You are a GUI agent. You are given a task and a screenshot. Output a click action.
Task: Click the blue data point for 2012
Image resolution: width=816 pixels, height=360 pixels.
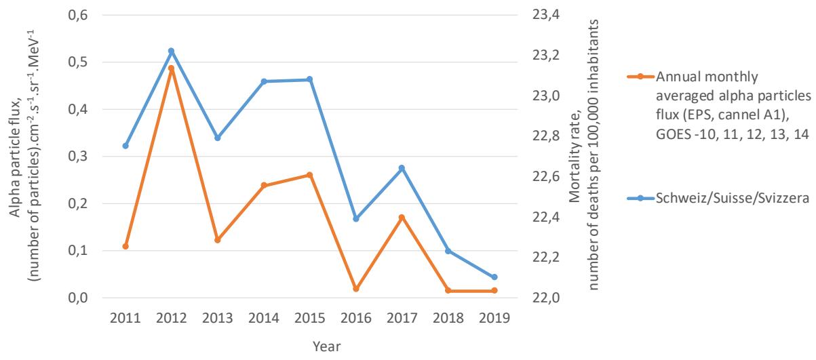[x=171, y=51]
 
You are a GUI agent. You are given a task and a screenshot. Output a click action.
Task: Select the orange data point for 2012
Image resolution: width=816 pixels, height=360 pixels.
[x=171, y=68]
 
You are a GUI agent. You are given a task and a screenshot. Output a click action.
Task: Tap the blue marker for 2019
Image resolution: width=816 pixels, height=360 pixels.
[x=494, y=277]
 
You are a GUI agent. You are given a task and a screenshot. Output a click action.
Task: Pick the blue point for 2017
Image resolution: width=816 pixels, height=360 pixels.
[x=402, y=168]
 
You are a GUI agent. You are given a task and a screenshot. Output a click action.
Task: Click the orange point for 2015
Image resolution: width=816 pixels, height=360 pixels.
[x=309, y=175]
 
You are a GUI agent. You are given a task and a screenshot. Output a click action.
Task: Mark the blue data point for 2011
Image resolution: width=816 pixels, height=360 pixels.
[x=125, y=146]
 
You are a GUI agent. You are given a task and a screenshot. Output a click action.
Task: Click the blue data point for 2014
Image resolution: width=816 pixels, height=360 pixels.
[x=263, y=81]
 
